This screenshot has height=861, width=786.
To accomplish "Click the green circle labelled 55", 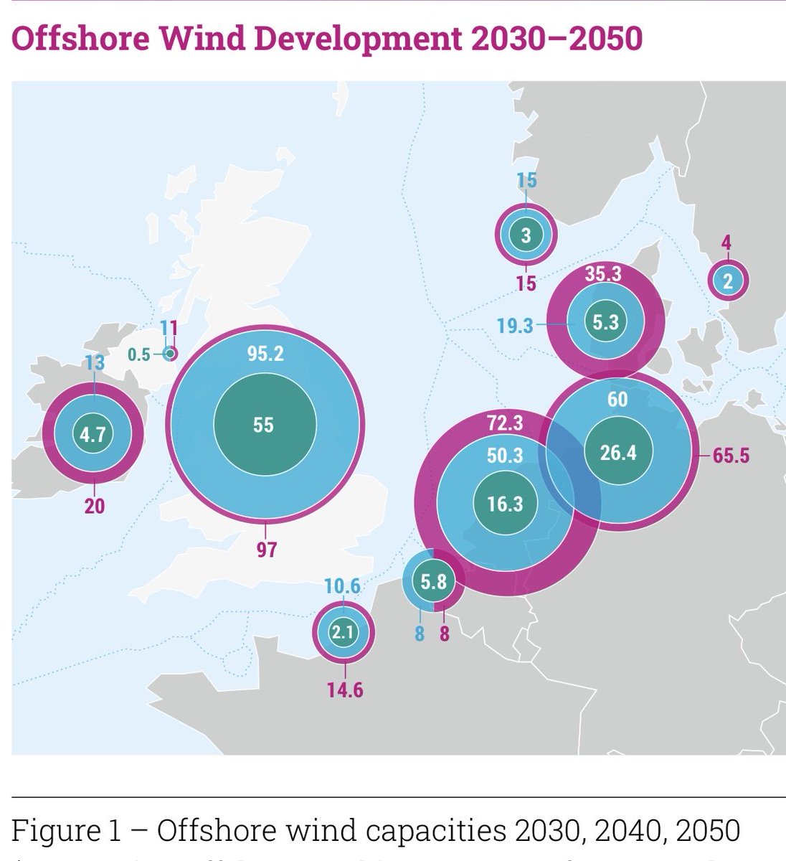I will tap(264, 425).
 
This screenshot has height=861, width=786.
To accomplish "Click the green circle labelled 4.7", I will tap(93, 434).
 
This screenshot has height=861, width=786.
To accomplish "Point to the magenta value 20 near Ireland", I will tap(94, 506).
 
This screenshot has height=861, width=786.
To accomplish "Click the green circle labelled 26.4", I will tap(617, 453).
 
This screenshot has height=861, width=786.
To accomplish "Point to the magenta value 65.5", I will tap(731, 455).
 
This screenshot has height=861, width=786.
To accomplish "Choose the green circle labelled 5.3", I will tap(605, 324).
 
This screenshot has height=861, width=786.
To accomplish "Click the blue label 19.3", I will tap(515, 326).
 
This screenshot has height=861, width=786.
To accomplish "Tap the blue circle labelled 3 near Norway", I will tap(526, 235).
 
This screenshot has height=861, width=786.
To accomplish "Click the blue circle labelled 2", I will tap(728, 281).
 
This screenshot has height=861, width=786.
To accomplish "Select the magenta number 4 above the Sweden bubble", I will tap(726, 243).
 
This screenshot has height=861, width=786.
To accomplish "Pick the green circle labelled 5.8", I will tap(434, 582).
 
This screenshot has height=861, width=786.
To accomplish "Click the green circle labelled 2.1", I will tap(344, 632).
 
